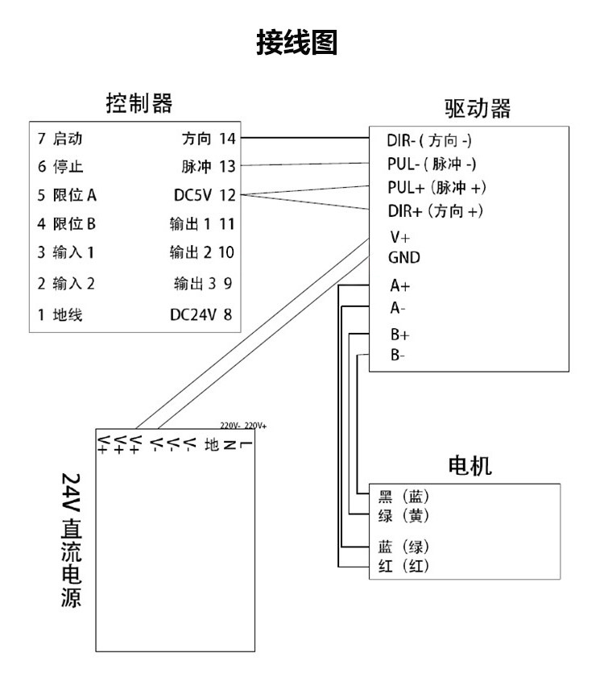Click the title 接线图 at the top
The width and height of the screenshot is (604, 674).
point(296,42)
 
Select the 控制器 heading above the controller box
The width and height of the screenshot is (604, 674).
point(139,103)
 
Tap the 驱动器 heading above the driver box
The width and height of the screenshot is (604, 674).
point(478,108)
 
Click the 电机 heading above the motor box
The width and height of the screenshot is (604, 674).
point(470,465)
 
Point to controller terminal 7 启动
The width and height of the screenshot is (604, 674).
point(60,139)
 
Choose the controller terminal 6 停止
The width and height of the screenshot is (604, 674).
point(60,166)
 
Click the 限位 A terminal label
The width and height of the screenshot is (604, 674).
point(75,195)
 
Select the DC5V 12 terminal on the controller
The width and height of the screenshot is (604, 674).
point(205,195)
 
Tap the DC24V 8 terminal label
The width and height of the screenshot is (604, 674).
point(201,314)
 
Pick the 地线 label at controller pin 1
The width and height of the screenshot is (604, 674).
point(68,314)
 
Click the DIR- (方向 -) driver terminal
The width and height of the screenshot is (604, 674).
point(429,140)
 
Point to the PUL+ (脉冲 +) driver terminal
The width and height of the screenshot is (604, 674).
point(437,187)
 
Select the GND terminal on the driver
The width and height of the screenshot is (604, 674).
point(404,257)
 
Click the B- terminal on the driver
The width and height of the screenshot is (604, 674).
point(398,355)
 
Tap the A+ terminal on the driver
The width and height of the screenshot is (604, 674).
point(400,285)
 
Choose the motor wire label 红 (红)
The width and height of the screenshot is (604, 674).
point(403,566)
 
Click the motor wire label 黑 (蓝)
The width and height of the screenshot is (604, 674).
point(403,497)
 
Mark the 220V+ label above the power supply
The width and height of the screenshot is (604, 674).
point(255,426)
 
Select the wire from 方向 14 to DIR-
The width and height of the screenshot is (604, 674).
point(304,138)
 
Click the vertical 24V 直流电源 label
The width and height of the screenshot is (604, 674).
point(71,540)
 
